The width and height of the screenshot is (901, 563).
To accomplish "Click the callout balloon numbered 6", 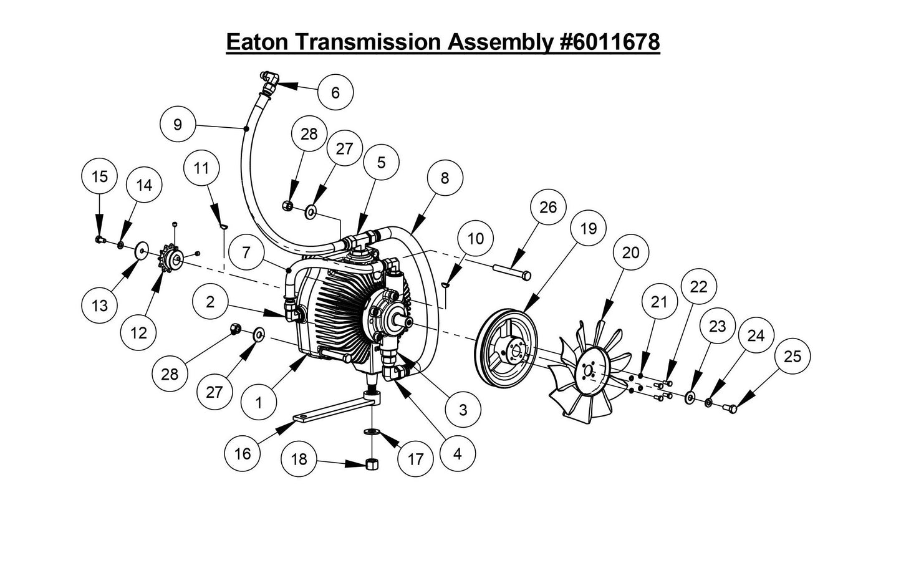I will [x=335, y=92].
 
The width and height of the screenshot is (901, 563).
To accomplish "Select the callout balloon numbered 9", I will [x=178, y=125].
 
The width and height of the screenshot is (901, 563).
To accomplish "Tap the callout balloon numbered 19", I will [x=588, y=229].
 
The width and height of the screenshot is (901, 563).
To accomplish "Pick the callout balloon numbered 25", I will [x=793, y=356].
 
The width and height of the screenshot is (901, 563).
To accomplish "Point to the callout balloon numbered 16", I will [x=243, y=453].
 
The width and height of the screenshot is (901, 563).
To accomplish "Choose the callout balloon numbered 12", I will [x=139, y=332].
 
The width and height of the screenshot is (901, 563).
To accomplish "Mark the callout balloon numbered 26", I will [x=548, y=208].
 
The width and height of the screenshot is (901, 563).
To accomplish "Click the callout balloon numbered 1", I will [x=259, y=403].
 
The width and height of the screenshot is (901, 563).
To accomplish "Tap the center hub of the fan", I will [x=587, y=371].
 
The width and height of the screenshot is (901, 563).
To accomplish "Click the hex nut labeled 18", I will [x=372, y=464].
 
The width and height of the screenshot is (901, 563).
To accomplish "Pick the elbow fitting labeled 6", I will [x=270, y=81].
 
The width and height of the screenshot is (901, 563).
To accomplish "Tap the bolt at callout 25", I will [x=730, y=409].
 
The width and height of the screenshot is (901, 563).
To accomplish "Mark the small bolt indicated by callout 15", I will [x=100, y=239].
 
